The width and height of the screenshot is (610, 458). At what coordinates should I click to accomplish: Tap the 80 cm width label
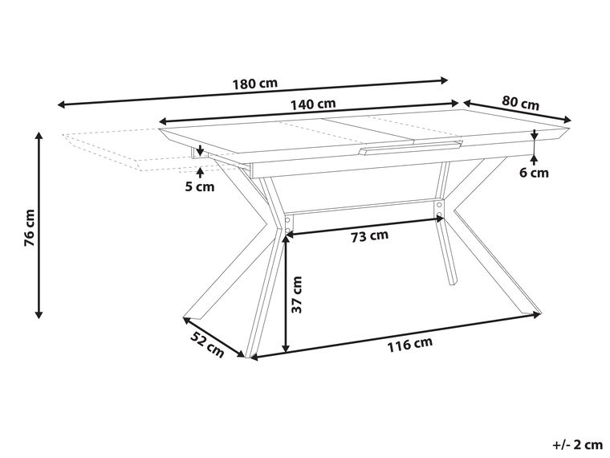(x=520, y=103)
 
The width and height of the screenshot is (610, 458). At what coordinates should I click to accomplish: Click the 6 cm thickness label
(x=535, y=172)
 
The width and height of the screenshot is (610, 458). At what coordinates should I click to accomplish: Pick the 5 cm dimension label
(x=200, y=187)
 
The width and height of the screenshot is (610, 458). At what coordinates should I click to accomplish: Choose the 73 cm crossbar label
(x=370, y=235)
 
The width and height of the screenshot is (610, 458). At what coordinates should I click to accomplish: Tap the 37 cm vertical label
(x=297, y=295)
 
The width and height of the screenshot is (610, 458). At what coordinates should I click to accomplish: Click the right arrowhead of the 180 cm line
(x=445, y=80)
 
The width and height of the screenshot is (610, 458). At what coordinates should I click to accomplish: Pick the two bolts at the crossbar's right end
(x=438, y=210)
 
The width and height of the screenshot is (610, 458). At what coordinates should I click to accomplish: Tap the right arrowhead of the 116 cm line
(x=539, y=314)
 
